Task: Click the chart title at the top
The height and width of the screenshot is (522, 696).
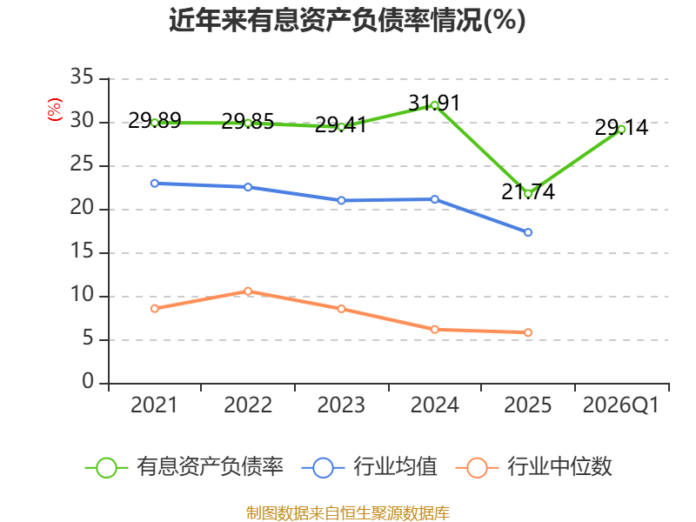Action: pos(347,20)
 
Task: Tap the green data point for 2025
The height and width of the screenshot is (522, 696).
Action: pos(528,194)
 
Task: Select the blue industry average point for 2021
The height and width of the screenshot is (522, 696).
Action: pos(155,184)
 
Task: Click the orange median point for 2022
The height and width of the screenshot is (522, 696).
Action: pos(248,291)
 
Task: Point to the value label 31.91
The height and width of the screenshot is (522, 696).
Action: pos(434,103)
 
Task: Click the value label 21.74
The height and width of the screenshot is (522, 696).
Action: pos(528,191)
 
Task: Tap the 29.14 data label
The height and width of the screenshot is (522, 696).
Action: pos(621,128)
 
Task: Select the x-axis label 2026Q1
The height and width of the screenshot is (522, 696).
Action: pos(621,405)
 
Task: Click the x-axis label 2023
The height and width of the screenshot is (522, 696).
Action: pos(341,405)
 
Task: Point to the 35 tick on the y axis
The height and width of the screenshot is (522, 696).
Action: pos(82,77)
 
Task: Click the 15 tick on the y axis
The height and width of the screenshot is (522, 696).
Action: pos(82,251)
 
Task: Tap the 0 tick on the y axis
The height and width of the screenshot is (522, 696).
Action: pos(88,381)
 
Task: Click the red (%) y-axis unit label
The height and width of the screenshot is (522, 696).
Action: pos(55,110)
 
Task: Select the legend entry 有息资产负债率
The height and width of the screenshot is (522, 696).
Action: pos(184,467)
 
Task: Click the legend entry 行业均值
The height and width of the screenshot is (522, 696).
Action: pos(369,467)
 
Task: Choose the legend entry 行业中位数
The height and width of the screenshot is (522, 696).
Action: pos(534,467)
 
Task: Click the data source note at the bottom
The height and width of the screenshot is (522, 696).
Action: pos(348,512)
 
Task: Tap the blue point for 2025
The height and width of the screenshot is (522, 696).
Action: pos(528,232)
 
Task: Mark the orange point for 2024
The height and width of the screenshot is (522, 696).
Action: pos(434,330)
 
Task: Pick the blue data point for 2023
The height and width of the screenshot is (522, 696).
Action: pos(341,201)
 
